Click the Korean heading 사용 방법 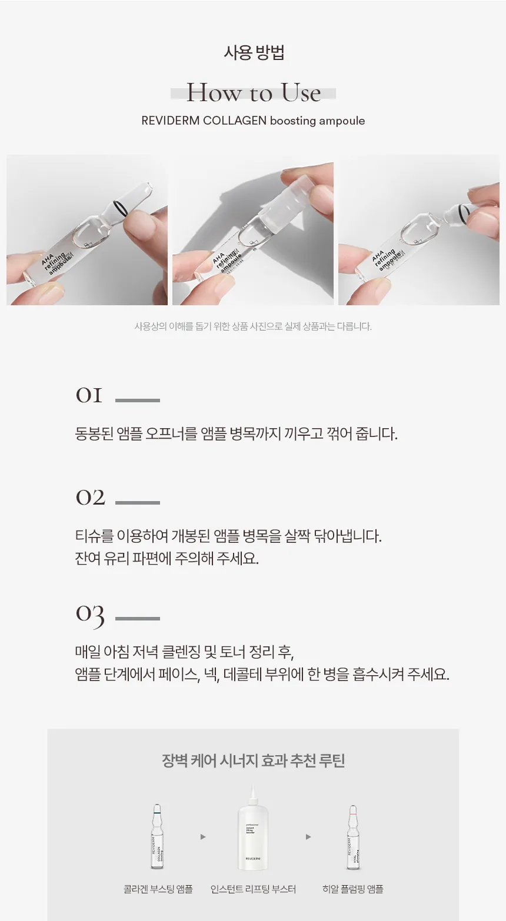[x=254, y=53]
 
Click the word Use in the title [x=301, y=93]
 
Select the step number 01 [x=89, y=396]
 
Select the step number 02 [x=90, y=498]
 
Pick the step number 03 [x=90, y=615]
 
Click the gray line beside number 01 [x=138, y=401]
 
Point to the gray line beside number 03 [x=138, y=619]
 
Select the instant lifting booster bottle [x=253, y=829]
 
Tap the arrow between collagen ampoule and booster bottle [x=203, y=837]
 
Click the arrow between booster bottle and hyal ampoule [x=308, y=837]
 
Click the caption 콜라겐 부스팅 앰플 [x=158, y=889]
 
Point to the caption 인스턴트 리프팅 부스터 [x=253, y=889]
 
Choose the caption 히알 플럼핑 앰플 [x=352, y=889]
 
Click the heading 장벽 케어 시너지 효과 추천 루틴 [x=253, y=760]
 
